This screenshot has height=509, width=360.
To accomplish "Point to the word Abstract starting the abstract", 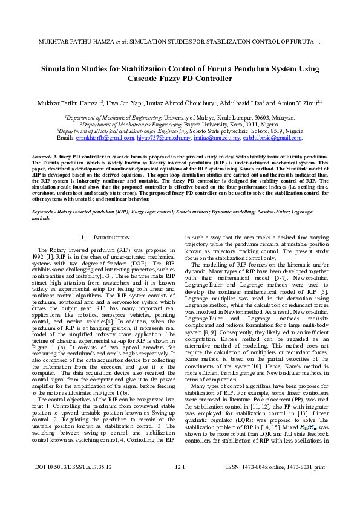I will [x=42, y=157].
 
